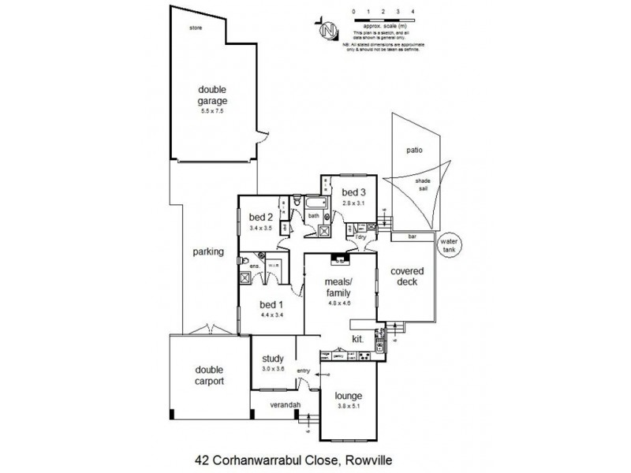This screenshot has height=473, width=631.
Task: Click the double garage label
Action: [212, 95]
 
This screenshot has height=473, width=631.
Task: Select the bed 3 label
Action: [353, 192]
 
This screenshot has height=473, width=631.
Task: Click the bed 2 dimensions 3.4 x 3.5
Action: [260, 228]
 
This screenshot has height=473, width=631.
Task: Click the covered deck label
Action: [407, 277]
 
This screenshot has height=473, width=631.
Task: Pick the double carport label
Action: [209, 374]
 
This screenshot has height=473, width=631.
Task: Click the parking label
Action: [209, 253]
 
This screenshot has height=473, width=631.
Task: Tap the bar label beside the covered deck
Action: [412, 236]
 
